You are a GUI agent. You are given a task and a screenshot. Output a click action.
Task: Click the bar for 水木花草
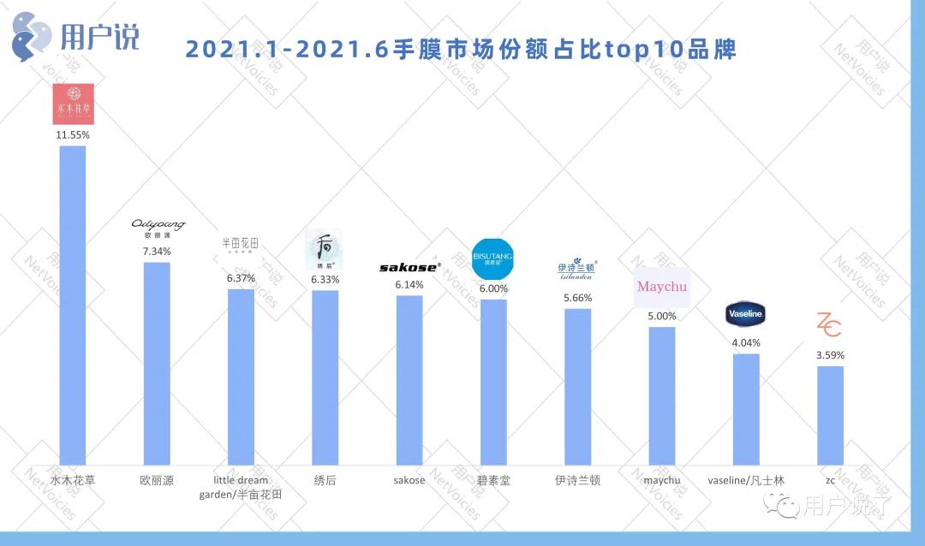pyautogui.click(x=72, y=304)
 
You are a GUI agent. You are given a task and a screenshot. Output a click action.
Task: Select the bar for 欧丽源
pyautogui.click(x=157, y=362)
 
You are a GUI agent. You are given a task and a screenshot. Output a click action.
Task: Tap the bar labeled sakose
pyautogui.click(x=409, y=379)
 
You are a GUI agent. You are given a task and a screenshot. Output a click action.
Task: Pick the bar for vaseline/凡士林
pyautogui.click(x=746, y=408)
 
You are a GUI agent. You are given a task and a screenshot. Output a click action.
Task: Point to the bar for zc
pyautogui.click(x=830, y=414)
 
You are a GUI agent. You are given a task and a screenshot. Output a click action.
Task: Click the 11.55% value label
pyautogui.click(x=72, y=135)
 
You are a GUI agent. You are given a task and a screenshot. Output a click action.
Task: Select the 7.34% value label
pyautogui.click(x=157, y=252)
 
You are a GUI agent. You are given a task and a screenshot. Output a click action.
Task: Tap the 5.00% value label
pyautogui.click(x=662, y=316)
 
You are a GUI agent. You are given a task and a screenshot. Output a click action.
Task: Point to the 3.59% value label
pyautogui.click(x=830, y=355)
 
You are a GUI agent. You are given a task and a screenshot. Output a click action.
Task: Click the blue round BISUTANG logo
pyautogui.click(x=492, y=258)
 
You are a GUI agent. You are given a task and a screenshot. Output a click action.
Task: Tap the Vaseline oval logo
pyautogui.click(x=744, y=314)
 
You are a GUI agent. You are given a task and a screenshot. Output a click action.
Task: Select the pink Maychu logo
pyautogui.click(x=662, y=287)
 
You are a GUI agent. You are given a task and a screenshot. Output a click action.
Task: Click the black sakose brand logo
pyautogui.click(x=409, y=267)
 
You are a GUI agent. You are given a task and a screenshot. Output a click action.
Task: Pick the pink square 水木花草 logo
pyautogui.click(x=73, y=104)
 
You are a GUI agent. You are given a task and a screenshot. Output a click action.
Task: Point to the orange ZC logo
pyautogui.click(x=828, y=325)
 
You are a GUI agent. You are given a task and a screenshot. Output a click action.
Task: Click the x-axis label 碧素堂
pyautogui.click(x=493, y=480)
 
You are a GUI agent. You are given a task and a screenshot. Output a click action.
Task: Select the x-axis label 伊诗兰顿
pyautogui.click(x=577, y=480)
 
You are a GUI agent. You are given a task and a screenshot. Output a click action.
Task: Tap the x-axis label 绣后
pyautogui.click(x=325, y=480)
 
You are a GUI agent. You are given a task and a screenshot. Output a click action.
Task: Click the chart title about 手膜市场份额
pyautogui.click(x=461, y=49)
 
